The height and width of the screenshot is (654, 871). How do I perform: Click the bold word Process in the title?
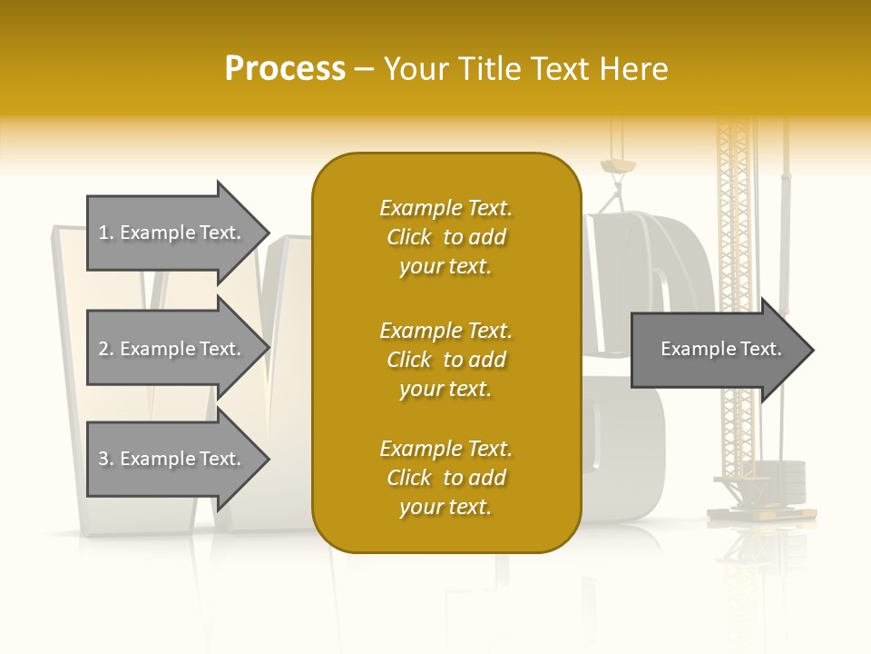(x=285, y=69)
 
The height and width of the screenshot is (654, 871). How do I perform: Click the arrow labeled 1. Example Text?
(x=172, y=233)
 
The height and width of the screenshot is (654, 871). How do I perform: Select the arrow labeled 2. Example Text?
(x=172, y=349)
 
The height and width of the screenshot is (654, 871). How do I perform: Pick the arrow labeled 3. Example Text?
(x=172, y=459)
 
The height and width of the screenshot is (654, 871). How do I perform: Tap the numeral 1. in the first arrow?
(x=106, y=233)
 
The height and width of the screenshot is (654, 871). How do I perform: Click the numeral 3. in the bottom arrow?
(x=106, y=459)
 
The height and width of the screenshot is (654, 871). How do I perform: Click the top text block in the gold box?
(x=445, y=237)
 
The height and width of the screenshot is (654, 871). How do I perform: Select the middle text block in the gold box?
(x=445, y=360)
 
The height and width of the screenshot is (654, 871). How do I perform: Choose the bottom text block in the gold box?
(x=445, y=478)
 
